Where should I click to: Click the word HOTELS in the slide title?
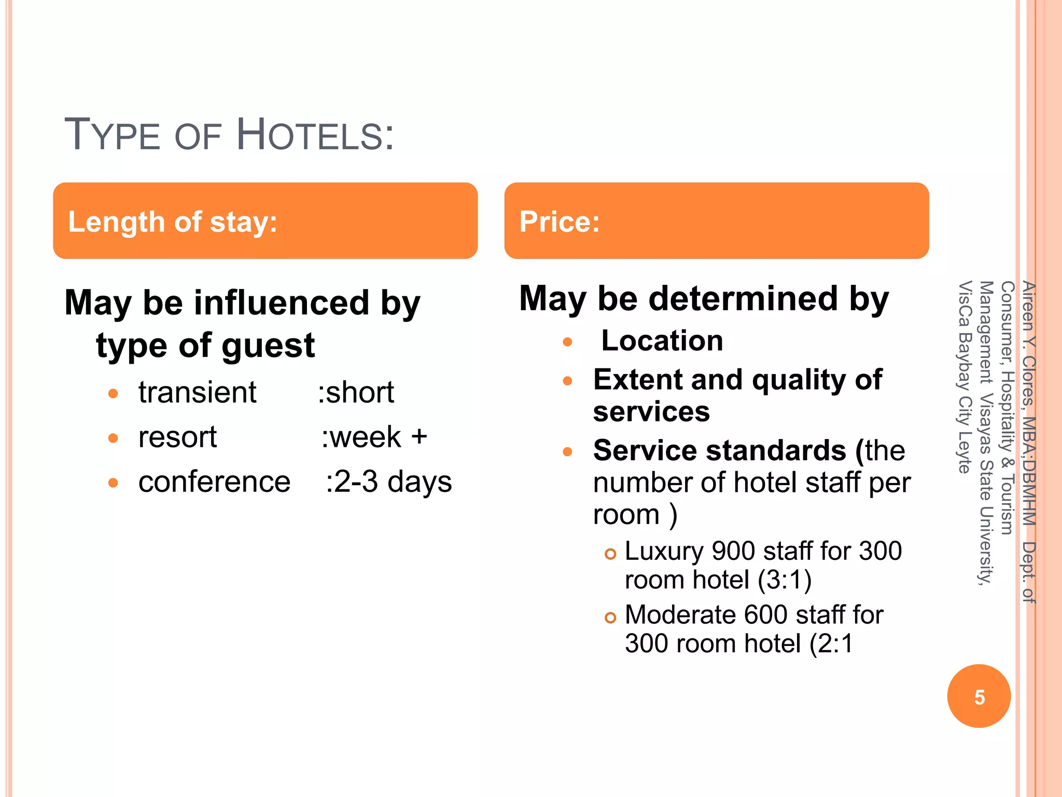(315, 135)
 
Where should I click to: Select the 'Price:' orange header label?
(560, 222)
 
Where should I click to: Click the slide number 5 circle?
(979, 696)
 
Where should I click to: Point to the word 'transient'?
(197, 392)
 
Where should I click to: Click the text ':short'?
(356, 392)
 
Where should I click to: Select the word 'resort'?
(177, 437)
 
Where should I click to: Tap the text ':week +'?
(374, 437)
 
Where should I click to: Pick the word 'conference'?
(214, 482)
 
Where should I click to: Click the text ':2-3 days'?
(388, 482)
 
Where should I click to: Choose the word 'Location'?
(662, 341)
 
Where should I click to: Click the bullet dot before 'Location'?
(567, 342)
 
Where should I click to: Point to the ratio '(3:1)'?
(785, 580)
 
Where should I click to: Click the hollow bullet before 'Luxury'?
(610, 554)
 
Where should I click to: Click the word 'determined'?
(743, 299)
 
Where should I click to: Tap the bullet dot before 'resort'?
(114, 438)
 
